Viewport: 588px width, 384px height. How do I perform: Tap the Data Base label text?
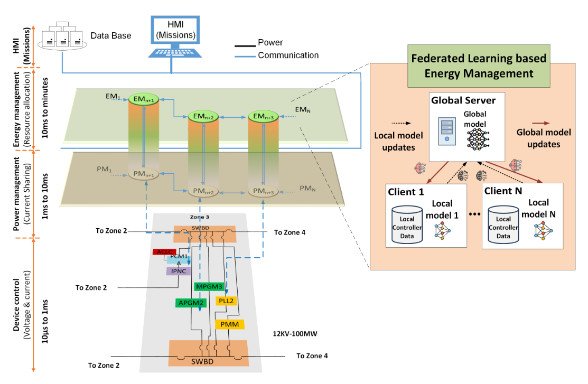(111, 35)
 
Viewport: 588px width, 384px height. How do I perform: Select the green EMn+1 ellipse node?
(144, 99)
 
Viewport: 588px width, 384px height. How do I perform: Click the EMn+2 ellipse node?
(203, 117)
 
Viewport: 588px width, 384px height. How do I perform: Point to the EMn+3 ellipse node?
(263, 117)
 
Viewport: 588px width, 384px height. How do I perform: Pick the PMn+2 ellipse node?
(203, 191)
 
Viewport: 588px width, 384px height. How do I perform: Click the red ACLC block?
(164, 251)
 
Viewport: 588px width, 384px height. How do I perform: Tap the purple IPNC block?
(179, 271)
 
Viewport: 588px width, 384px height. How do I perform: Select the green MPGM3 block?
(209, 286)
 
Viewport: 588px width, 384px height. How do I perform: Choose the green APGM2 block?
(191, 303)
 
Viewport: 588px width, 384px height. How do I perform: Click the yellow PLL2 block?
(226, 301)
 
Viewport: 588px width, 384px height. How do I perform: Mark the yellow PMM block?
(229, 324)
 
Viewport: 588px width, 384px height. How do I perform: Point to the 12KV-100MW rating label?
(295, 334)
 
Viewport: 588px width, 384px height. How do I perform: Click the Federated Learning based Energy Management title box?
(479, 66)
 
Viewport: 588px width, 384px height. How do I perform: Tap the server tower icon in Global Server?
(447, 131)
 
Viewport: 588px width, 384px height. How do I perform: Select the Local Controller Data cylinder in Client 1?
(407, 224)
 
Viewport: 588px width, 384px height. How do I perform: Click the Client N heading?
(503, 191)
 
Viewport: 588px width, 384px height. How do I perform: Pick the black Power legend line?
(245, 46)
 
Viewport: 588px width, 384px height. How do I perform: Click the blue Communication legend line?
(245, 57)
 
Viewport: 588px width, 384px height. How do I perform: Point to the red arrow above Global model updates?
(541, 123)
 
